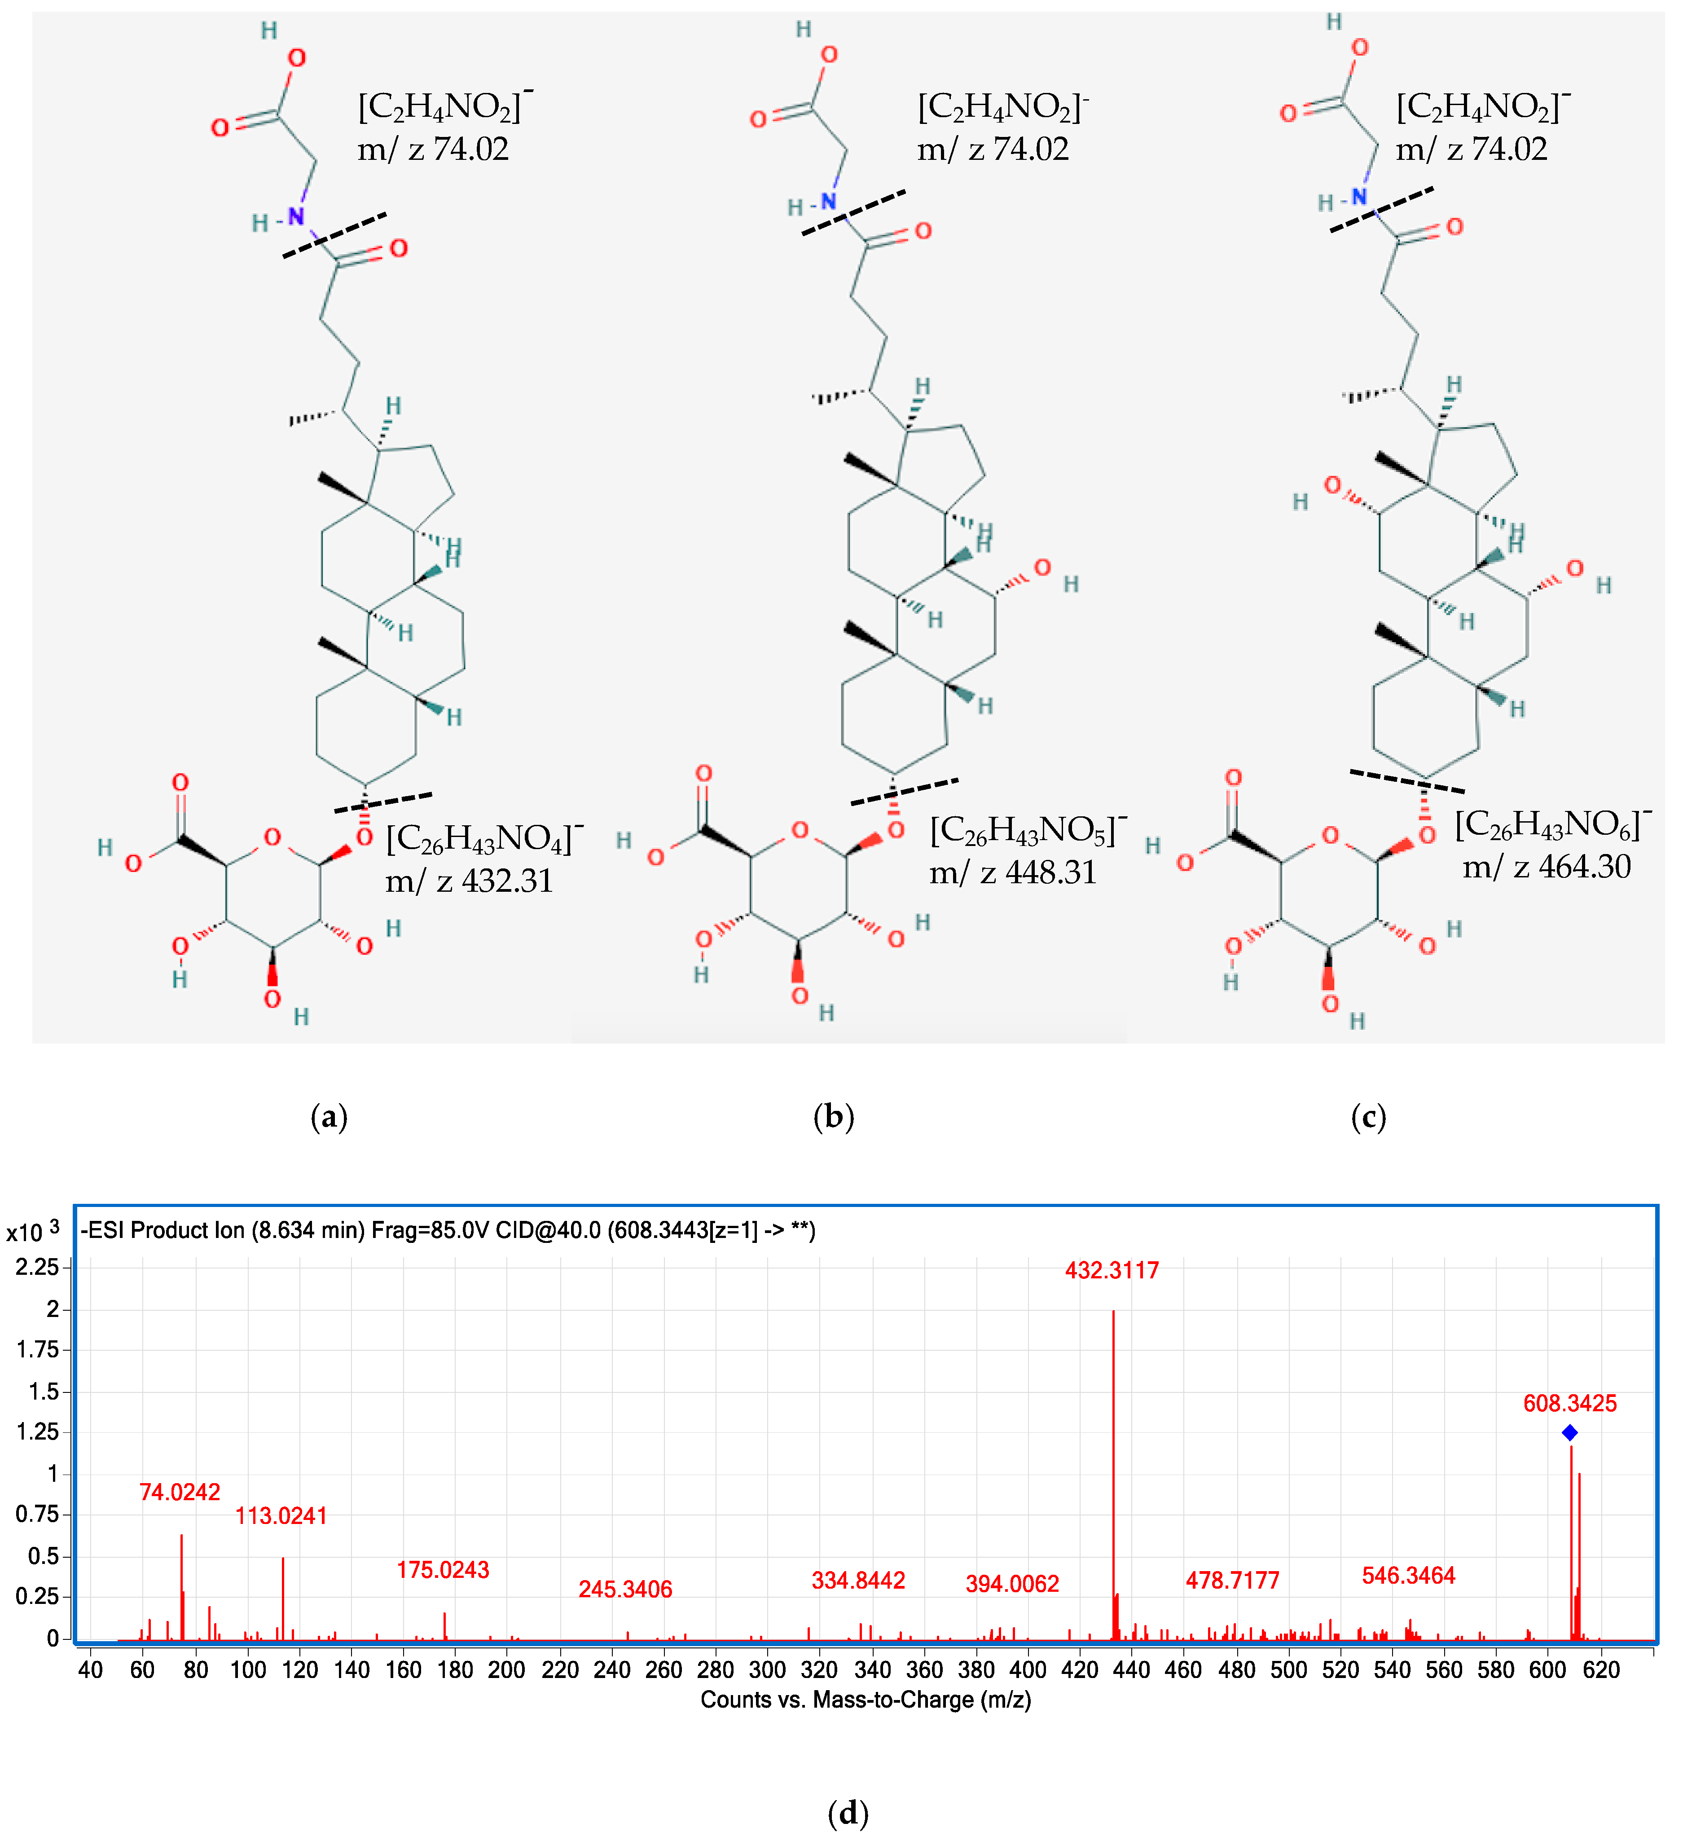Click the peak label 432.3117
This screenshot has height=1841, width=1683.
coord(1112,1270)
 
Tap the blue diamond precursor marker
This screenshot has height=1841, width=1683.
coord(1569,1433)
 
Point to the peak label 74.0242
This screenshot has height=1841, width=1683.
coord(180,1492)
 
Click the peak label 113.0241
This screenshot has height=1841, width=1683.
coord(281,1516)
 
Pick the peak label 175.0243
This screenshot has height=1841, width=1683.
coord(443,1570)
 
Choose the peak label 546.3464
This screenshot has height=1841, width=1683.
coord(1408,1575)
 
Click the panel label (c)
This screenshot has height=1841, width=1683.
coord(1368,1117)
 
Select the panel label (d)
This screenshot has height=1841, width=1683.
coord(848,1813)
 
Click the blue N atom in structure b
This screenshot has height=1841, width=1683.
coord(828,202)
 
